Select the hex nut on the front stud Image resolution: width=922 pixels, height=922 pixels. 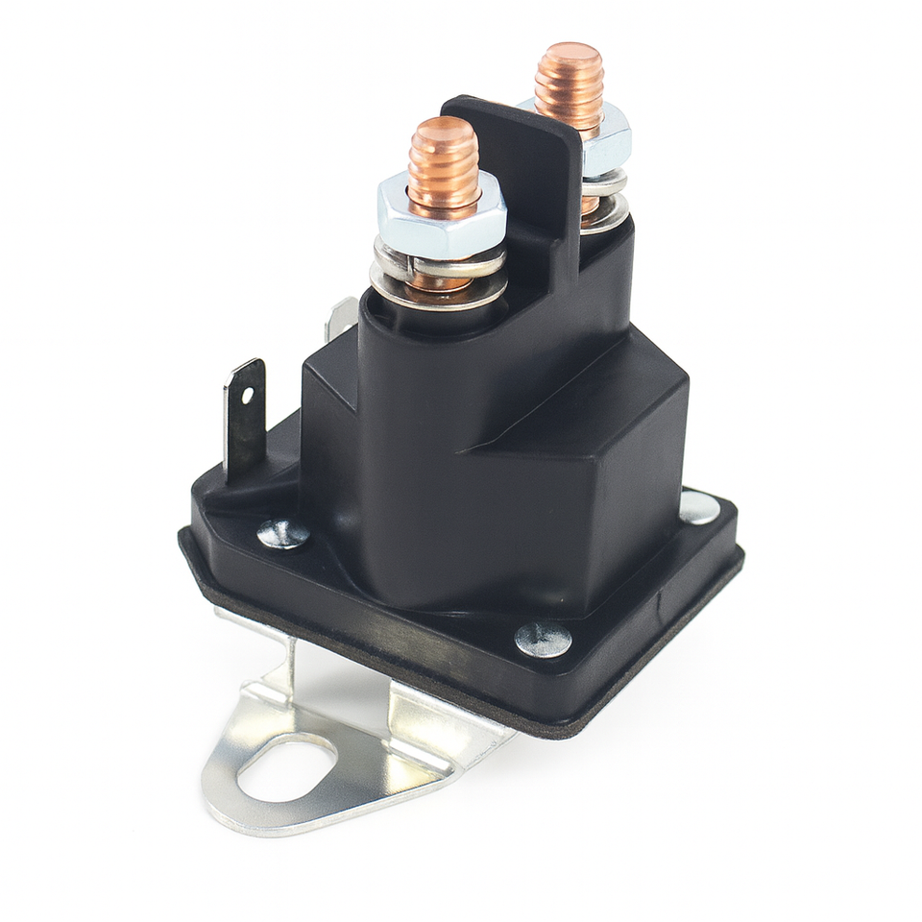[442, 219]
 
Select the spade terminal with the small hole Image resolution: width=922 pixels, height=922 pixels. [244, 413]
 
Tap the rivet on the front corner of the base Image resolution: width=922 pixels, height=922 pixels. [543, 639]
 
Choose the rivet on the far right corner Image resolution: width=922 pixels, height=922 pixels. [699, 507]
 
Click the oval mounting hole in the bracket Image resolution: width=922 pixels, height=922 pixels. [288, 768]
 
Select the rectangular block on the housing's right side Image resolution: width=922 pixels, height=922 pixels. [605, 461]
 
